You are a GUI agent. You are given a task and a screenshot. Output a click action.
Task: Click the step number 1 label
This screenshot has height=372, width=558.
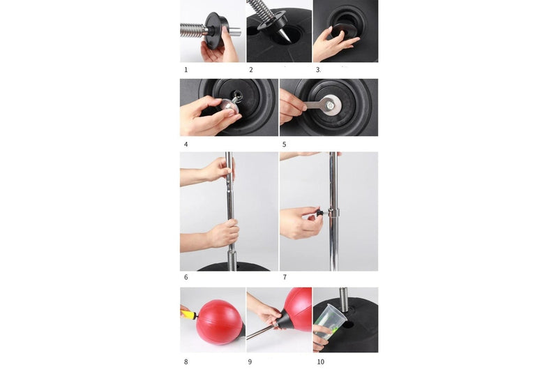click(x=186, y=70)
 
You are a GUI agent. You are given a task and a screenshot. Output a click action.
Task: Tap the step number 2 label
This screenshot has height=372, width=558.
click(x=251, y=70)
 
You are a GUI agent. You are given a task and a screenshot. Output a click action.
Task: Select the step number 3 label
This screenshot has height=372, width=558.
click(x=318, y=70)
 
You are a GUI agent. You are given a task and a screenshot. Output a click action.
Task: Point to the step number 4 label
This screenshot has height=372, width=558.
click(x=186, y=144)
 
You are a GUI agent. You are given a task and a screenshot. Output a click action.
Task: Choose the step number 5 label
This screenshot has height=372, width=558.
click(x=285, y=144)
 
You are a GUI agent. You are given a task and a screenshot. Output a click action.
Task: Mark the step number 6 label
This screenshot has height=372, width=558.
click(x=186, y=277)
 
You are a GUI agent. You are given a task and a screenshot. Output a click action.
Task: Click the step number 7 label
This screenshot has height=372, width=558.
click(x=285, y=277)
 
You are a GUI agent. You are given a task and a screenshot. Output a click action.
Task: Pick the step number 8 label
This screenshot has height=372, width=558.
click(x=186, y=361)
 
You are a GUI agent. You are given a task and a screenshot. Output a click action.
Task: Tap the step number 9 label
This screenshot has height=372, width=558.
click(x=251, y=361)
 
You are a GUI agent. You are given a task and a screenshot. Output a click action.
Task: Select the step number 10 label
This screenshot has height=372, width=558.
click(x=319, y=361)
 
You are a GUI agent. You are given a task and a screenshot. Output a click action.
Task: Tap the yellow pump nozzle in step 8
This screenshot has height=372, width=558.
click(x=188, y=311)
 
